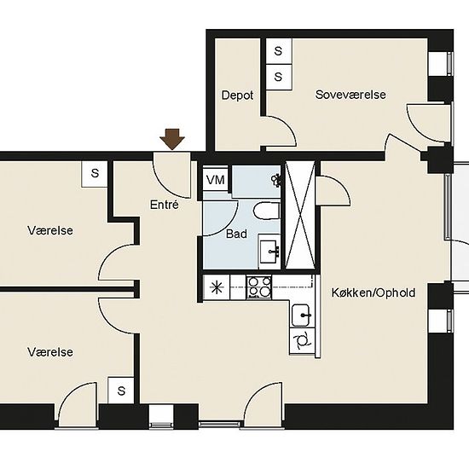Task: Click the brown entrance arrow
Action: [x=172, y=139]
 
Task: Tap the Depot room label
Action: [x=238, y=96]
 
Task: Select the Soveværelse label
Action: [x=350, y=95]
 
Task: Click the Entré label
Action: [x=165, y=205]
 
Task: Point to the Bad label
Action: [x=236, y=234]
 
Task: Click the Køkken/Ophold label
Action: [x=373, y=292]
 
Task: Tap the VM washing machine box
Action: [x=216, y=180]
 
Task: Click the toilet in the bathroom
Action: [x=267, y=211]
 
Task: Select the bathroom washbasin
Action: [x=269, y=252]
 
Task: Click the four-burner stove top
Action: [x=258, y=287]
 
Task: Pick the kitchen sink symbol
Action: [x=301, y=315]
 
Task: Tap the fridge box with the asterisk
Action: [x=217, y=287]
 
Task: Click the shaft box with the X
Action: [x=300, y=215]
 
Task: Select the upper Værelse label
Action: [x=50, y=230]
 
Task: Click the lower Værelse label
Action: [x=50, y=352]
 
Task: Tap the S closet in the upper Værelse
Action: [x=95, y=174]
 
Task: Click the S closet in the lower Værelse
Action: [x=121, y=391]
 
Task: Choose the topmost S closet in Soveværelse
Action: [x=279, y=51]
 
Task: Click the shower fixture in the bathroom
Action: [x=275, y=180]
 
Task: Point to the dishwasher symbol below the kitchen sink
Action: [x=302, y=341]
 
